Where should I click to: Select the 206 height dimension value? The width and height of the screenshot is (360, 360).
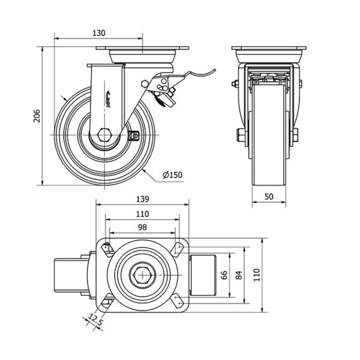[x=36, y=116]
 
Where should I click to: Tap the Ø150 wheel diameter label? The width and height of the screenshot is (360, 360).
[x=172, y=175]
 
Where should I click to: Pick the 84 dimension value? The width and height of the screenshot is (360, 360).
[x=239, y=275]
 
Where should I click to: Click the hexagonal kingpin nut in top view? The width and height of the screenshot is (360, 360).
[x=142, y=276]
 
